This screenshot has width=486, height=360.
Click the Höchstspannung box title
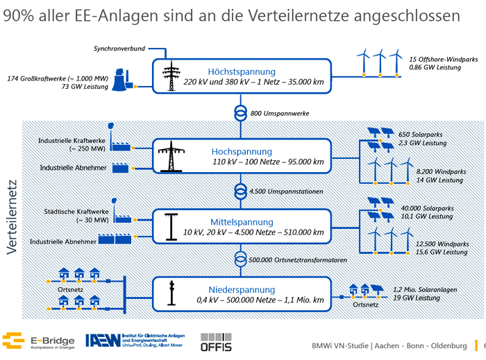point(242,71)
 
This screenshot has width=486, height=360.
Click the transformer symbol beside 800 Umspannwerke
point(240,113)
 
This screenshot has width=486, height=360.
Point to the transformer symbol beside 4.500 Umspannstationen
point(240,191)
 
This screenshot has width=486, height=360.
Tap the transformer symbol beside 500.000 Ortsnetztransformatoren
point(240,259)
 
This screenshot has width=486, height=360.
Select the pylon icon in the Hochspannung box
point(169,157)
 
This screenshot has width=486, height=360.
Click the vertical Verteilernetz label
point(12,216)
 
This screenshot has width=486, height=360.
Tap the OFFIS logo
point(215,341)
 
